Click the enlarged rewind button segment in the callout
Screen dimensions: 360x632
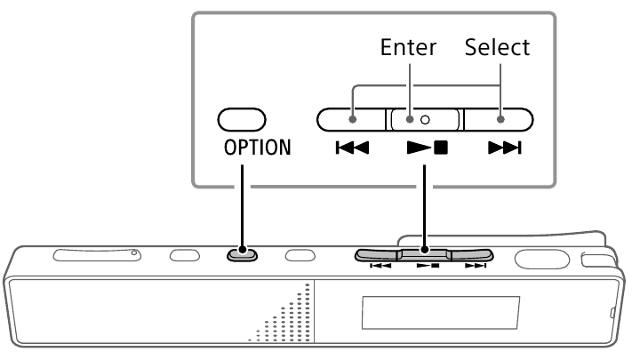(350, 117)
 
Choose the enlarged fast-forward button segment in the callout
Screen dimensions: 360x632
(498, 117)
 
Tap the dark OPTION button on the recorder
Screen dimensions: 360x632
(242, 254)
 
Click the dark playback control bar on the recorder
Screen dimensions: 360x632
(425, 255)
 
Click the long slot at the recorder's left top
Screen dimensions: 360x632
(97, 255)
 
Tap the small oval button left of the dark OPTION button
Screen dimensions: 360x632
(185, 255)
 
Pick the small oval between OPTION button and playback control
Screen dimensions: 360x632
(300, 255)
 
